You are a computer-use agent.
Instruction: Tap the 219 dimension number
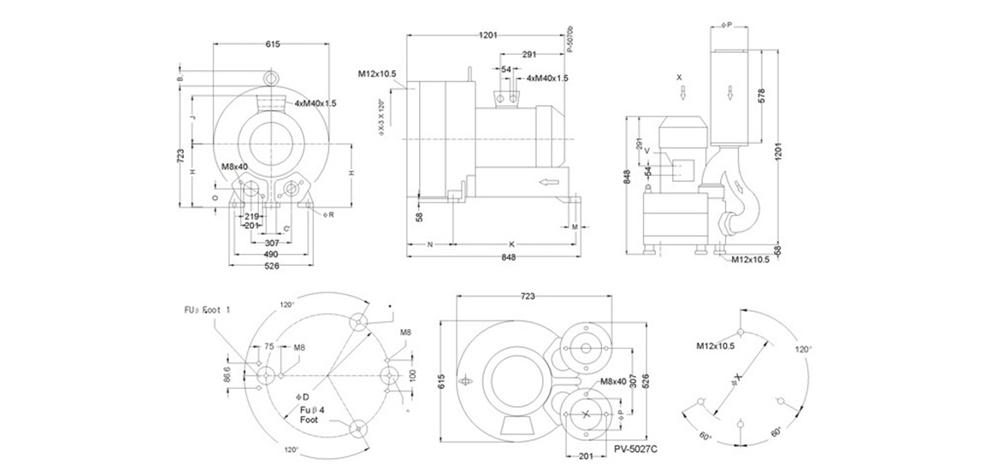(x=252, y=216)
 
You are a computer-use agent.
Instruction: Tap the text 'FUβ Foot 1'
(x=204, y=309)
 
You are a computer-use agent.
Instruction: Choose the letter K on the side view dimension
(x=511, y=244)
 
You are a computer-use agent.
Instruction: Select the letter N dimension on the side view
(x=430, y=244)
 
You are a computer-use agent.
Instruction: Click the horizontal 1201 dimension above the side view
(x=488, y=35)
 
